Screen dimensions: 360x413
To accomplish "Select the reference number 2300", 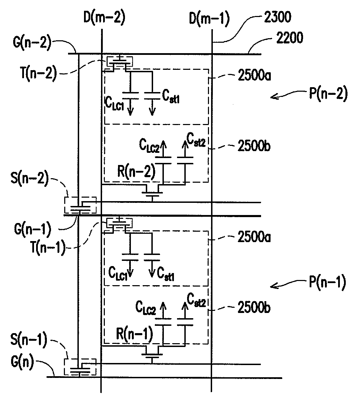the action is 278,17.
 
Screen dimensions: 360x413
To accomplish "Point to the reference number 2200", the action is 290,38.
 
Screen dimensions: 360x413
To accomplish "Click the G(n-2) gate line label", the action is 32,42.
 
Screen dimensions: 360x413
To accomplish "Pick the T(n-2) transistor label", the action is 39,73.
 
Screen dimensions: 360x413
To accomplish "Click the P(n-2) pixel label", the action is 328,93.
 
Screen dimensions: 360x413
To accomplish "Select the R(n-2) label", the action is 136,172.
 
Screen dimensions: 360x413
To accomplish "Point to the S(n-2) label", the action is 30,178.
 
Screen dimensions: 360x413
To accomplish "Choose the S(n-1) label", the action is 29,340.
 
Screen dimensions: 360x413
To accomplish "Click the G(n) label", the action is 22,362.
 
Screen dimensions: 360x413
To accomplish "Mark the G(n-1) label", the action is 33,229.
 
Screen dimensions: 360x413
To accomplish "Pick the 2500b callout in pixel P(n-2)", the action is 254,146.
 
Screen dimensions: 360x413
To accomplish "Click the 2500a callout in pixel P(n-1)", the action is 254,237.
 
